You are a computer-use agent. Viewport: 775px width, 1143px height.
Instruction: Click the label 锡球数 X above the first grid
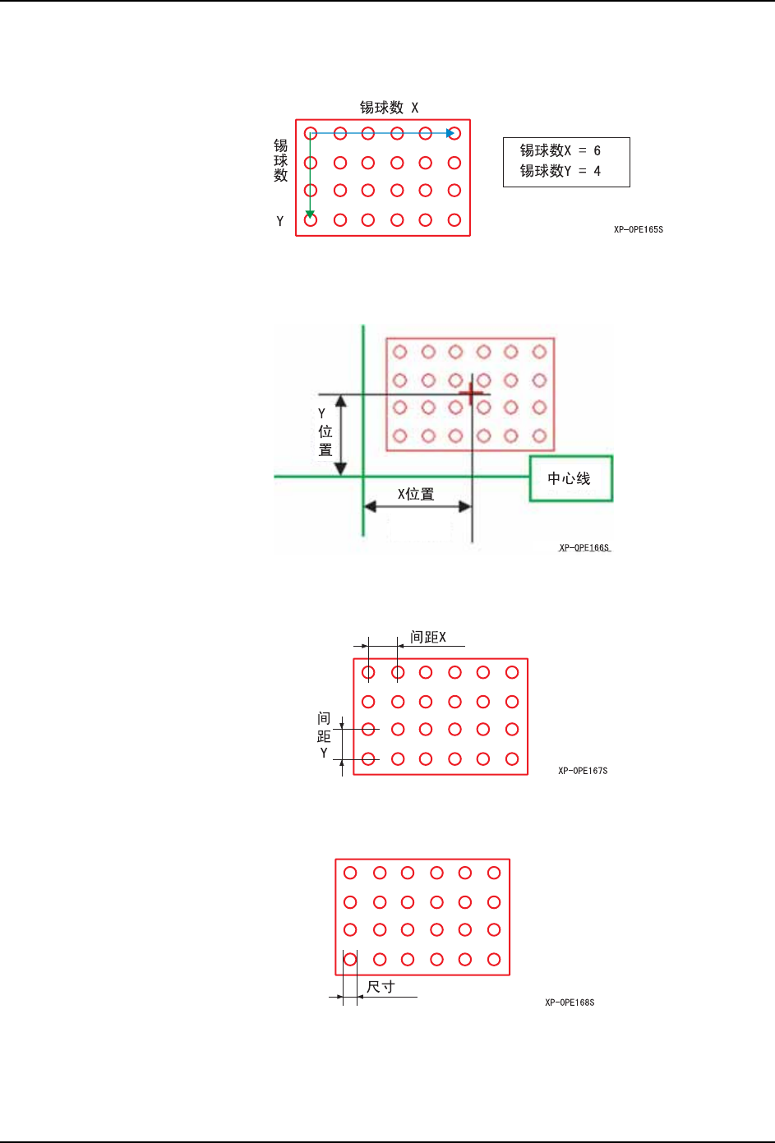point(389,108)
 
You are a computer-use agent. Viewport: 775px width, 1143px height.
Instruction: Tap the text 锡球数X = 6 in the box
point(560,150)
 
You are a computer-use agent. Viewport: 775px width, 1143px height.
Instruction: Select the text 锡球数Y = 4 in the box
point(560,171)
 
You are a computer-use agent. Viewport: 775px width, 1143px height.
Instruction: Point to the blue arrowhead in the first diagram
point(450,133)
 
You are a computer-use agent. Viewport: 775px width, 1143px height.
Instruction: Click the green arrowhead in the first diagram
point(310,214)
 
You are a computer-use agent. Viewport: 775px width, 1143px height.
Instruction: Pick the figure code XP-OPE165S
point(638,229)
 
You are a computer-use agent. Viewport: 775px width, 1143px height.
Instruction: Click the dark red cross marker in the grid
point(471,394)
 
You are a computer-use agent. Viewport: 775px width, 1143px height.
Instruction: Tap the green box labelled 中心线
point(570,478)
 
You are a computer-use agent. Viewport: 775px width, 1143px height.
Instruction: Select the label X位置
point(416,494)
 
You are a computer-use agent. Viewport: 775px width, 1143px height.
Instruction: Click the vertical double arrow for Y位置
point(341,436)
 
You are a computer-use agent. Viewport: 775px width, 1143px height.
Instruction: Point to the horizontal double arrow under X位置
point(417,506)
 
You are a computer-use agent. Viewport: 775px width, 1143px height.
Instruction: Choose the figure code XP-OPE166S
point(584,547)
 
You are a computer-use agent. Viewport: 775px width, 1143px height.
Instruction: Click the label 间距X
point(428,638)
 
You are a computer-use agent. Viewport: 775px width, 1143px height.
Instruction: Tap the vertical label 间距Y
point(324,735)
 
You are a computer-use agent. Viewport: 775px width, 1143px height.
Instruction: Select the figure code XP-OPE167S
point(583,771)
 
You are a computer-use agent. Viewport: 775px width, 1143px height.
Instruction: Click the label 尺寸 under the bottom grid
point(381,987)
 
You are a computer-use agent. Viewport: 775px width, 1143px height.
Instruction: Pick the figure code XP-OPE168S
point(570,1002)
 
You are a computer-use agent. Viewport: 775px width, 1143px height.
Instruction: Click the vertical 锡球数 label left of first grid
point(280,160)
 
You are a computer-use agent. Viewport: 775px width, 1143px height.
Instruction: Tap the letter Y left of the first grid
point(280,221)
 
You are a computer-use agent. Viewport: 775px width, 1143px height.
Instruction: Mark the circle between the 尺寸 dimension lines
point(350,959)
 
